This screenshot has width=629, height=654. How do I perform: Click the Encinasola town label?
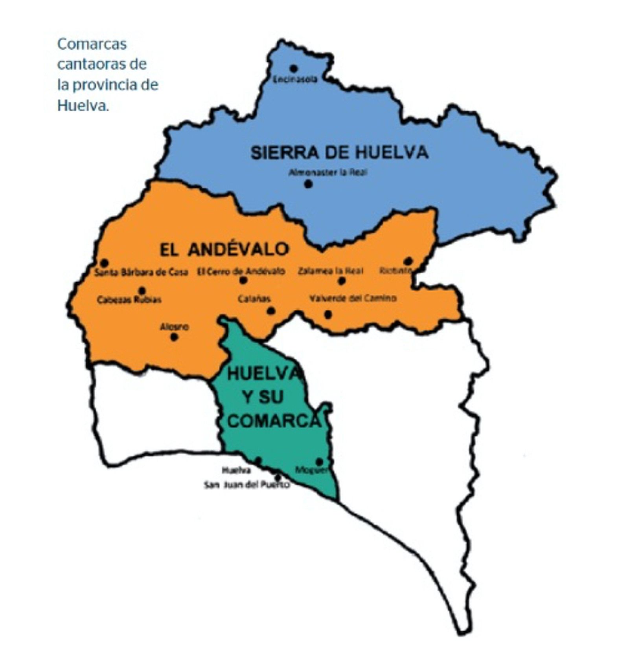pyautogui.click(x=295, y=79)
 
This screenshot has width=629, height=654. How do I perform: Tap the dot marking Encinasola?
pyautogui.click(x=293, y=68)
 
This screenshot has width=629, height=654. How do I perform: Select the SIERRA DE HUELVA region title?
pyautogui.click(x=339, y=152)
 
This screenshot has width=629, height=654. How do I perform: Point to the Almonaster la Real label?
pyautogui.click(x=328, y=172)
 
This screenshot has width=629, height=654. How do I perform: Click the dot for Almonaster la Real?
pyautogui.click(x=308, y=183)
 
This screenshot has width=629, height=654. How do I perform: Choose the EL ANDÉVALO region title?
pyautogui.click(x=224, y=249)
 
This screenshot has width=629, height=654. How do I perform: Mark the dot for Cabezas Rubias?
pyautogui.click(x=142, y=291)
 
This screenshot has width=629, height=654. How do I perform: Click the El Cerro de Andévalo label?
pyautogui.click(x=241, y=271)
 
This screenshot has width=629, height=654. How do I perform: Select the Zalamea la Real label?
pyautogui.click(x=330, y=271)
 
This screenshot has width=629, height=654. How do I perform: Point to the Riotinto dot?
pyautogui.click(x=408, y=261)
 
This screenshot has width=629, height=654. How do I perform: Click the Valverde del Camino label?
pyautogui.click(x=353, y=298)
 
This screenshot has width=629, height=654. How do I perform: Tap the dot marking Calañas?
pyautogui.click(x=271, y=311)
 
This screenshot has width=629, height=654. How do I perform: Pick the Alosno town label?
pyautogui.click(x=174, y=326)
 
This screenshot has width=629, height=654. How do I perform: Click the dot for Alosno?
pyautogui.click(x=174, y=337)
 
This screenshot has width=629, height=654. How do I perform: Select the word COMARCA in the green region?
pyautogui.click(x=274, y=421)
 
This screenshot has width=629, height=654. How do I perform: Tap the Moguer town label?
pyautogui.click(x=311, y=469)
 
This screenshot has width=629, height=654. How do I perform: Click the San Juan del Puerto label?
pyautogui.click(x=246, y=485)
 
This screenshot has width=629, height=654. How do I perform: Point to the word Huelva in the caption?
pyautogui.click(x=82, y=106)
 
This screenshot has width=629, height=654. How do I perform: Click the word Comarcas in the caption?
pyautogui.click(x=92, y=44)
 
